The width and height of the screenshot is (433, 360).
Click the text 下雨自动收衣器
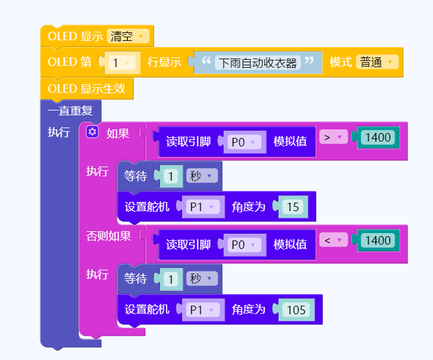258,62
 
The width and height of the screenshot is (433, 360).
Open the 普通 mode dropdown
377,62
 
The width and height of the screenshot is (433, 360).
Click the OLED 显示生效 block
86,89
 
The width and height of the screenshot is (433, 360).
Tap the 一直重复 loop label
70,111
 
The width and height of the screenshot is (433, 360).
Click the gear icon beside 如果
92,132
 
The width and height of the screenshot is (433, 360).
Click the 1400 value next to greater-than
378,137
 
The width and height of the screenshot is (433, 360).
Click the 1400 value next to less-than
378,240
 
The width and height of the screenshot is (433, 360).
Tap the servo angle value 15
293,207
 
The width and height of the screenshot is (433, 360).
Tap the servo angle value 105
296,309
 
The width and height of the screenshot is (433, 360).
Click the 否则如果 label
109,236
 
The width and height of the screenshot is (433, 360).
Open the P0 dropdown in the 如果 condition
244,142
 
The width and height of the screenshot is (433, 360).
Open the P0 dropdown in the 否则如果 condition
244,244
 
